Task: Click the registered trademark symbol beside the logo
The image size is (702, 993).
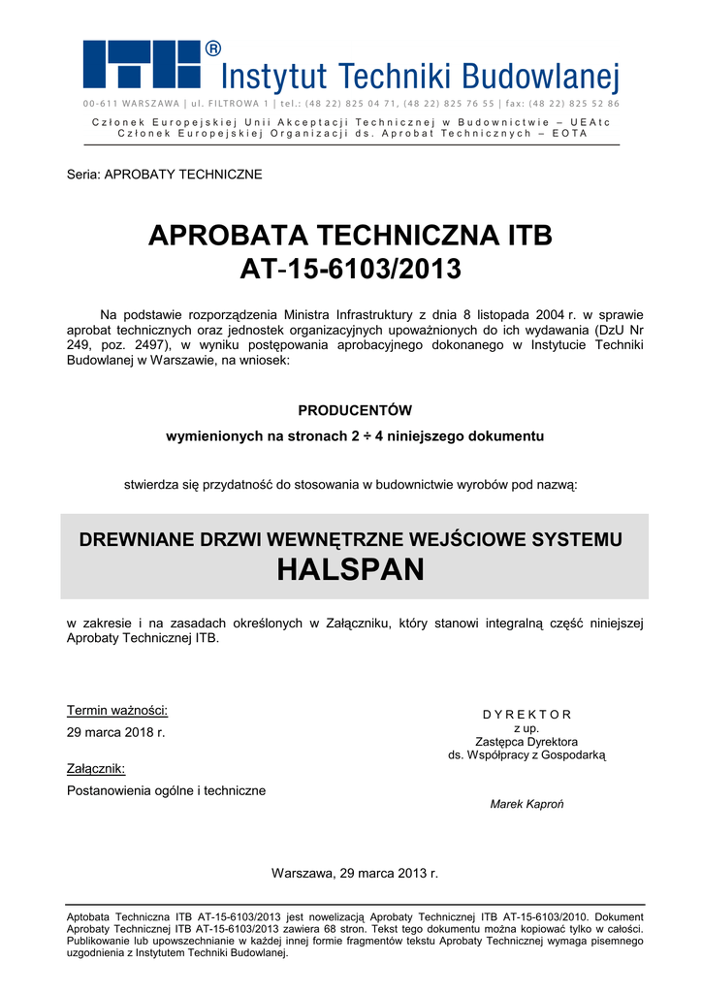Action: coord(213,48)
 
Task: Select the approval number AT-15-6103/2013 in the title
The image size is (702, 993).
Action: coord(350,269)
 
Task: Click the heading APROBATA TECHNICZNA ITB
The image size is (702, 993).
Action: coord(350,236)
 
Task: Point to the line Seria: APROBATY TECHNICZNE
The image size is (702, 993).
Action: coord(164,175)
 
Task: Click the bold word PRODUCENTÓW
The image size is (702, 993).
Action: coord(355,410)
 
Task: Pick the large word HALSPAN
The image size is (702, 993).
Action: coord(350,570)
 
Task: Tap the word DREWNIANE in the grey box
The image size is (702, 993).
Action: coord(133,539)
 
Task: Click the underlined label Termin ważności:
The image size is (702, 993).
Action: coord(117,709)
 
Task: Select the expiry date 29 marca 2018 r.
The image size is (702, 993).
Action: coord(115,732)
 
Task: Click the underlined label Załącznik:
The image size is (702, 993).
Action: coord(95,769)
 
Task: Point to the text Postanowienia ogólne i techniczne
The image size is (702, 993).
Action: coord(166,791)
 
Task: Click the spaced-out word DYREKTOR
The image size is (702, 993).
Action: coord(526,715)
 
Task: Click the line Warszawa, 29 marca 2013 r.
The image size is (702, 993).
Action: coord(355,873)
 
